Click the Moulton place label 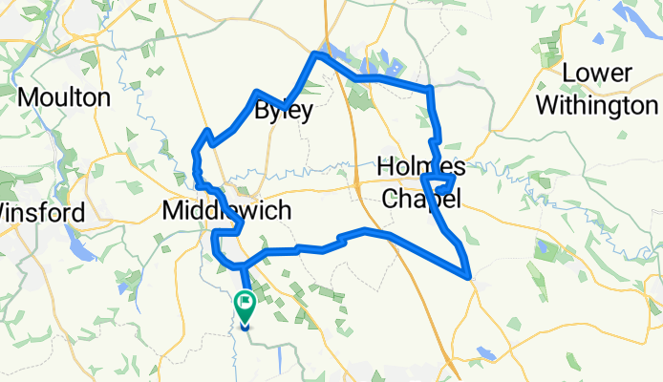(x=63, y=96)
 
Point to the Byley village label (x=284, y=111)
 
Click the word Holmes (x=421, y=166)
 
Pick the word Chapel (x=421, y=199)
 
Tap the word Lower (x=596, y=73)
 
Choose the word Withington (x=596, y=104)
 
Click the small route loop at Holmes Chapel (x=442, y=181)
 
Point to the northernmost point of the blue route (x=313, y=56)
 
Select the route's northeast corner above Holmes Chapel (x=432, y=88)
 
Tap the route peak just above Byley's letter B (x=256, y=92)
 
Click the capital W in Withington (x=548, y=104)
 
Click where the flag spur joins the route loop (x=243, y=265)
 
